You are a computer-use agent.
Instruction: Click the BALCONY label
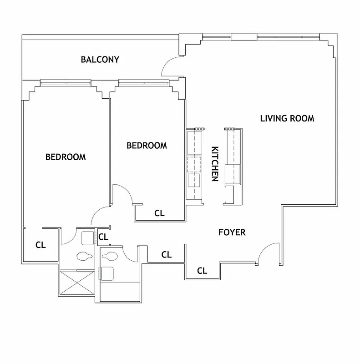(x=100, y=60)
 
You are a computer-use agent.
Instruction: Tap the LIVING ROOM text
(x=287, y=119)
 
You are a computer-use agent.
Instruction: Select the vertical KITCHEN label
(x=215, y=164)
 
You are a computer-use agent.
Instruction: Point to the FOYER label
(x=232, y=233)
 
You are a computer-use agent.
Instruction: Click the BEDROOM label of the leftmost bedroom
(x=66, y=157)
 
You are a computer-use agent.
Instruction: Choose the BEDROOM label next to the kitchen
(x=147, y=146)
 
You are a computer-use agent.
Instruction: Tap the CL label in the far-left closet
(x=41, y=245)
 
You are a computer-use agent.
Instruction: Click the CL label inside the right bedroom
(x=159, y=212)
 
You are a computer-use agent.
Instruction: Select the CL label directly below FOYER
(x=202, y=271)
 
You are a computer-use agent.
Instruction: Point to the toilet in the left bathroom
(x=85, y=257)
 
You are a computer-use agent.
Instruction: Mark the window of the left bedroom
(x=65, y=83)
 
